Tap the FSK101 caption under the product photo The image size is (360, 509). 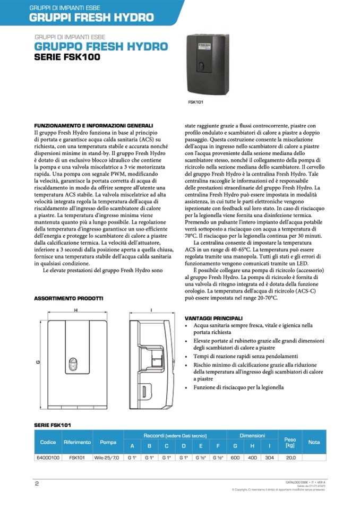click(195, 101)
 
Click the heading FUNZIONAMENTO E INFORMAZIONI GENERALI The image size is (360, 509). click(93, 125)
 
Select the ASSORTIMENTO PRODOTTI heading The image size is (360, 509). click(68, 298)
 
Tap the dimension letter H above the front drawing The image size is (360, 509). click(76, 309)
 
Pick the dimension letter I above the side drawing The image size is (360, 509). click(151, 309)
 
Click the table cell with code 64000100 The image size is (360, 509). click(48, 457)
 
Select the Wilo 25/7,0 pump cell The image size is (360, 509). click(108, 457)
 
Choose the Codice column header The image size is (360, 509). click(48, 442)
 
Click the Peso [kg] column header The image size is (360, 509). click(290, 442)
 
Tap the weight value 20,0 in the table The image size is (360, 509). click(290, 457)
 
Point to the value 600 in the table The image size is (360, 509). click(235, 457)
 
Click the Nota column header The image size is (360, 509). click(314, 442)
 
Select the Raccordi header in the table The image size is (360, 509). click(175, 435)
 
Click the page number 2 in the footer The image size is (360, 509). click(37, 483)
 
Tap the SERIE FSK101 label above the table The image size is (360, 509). click(53, 425)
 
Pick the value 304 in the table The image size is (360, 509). click(269, 457)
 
